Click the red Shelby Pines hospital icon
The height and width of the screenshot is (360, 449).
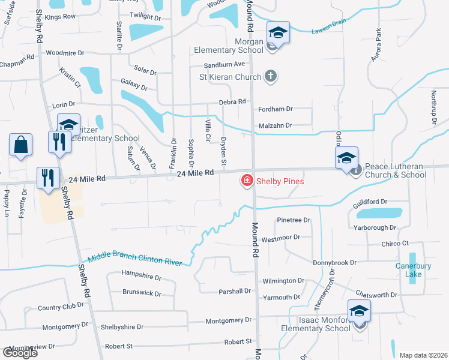246,180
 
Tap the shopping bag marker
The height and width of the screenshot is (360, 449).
20,145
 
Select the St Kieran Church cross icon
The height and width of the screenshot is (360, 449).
271,76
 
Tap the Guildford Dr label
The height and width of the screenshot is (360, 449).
370,202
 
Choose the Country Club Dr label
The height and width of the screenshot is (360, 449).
61,307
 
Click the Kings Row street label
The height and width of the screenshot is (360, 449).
60,17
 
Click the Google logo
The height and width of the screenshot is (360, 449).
20,352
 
